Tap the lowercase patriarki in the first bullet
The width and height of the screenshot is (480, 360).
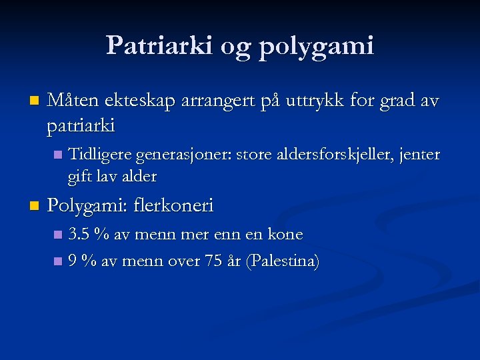pyautogui.click(x=81, y=125)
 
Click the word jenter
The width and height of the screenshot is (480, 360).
pyautogui.click(x=419, y=155)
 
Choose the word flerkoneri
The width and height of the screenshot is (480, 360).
pyautogui.click(x=173, y=205)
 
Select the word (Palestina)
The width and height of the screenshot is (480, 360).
pyautogui.click(x=283, y=261)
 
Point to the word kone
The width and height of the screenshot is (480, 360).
pyautogui.click(x=285, y=235)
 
